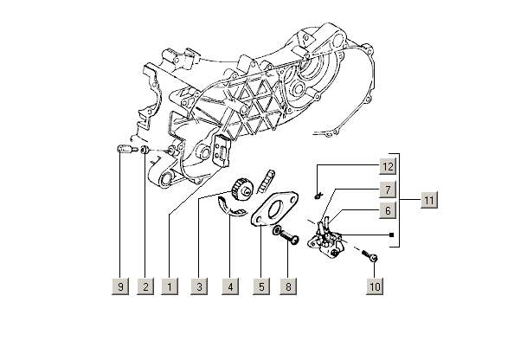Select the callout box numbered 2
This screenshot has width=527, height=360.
[x=145, y=286]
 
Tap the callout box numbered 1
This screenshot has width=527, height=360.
[x=171, y=286]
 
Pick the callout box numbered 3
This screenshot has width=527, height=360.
[x=200, y=286]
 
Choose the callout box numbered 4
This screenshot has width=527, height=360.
[x=229, y=286]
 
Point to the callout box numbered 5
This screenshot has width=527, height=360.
[x=259, y=286]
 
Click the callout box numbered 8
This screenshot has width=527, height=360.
[x=288, y=286]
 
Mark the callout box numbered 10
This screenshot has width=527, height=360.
[x=374, y=286]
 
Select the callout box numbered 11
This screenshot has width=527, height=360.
[x=428, y=200]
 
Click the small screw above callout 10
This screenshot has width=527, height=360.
[x=370, y=257]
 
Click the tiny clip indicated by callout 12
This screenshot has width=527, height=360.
[x=318, y=192]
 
